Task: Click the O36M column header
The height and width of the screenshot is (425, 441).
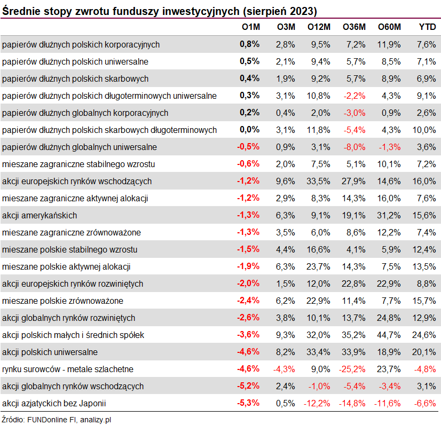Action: coord(354,27)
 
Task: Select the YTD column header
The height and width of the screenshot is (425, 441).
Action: coord(427,27)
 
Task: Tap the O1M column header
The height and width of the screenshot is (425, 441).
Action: coord(250,27)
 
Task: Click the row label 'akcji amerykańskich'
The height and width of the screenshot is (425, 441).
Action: coord(40,216)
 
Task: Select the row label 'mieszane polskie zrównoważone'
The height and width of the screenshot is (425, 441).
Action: coord(62,301)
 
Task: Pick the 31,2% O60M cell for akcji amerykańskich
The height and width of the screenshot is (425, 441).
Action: coord(389,216)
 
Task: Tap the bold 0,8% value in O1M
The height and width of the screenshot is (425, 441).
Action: coord(250,44)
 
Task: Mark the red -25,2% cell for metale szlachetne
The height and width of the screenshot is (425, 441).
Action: coord(353,369)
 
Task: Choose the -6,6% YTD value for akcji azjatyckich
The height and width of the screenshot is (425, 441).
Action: coord(425,404)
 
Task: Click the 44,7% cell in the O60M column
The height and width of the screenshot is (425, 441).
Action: coord(389,335)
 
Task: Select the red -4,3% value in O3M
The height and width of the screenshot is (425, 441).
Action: coord(284,369)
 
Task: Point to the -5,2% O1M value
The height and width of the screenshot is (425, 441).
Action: coord(248,387)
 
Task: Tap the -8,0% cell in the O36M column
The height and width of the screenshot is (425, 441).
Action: coord(355,147)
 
